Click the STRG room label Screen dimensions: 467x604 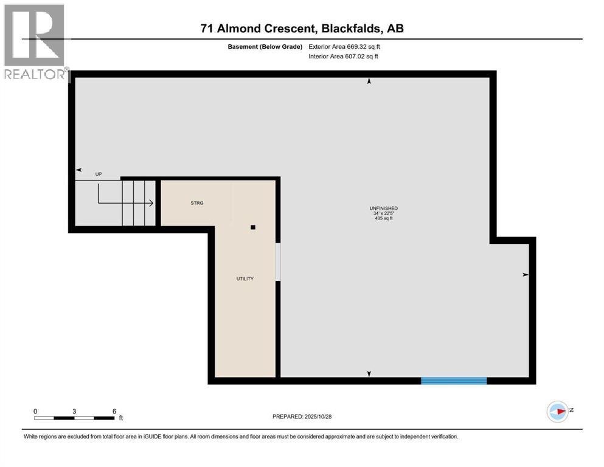click(196, 203)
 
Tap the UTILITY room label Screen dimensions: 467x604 click(245, 278)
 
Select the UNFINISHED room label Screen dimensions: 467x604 click(386, 209)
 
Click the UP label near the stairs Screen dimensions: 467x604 click(99, 175)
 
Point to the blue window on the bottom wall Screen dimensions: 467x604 click(454, 381)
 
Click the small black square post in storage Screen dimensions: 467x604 click(253, 227)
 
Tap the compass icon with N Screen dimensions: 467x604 click(557, 412)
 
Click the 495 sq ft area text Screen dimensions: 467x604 click(386, 218)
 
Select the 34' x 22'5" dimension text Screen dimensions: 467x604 click(386, 213)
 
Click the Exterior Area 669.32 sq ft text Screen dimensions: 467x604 click(347, 46)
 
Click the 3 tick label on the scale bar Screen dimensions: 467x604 click(74, 411)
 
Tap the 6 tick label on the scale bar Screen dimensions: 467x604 click(114, 411)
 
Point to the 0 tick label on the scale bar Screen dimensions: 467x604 click(35, 411)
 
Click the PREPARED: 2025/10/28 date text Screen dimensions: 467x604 click(302, 417)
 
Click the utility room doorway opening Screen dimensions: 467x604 click(279, 262)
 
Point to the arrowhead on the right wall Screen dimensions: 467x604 click(526, 275)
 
